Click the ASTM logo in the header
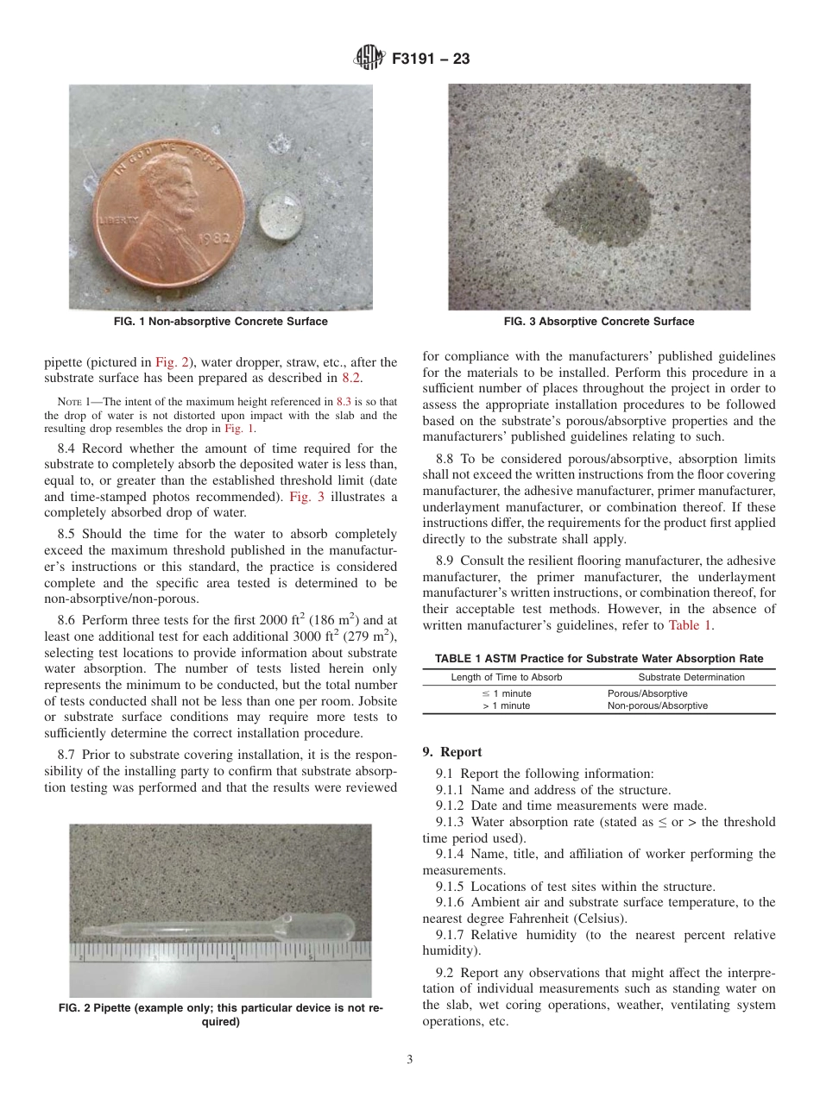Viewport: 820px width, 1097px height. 369,60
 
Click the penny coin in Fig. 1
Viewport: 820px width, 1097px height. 165,203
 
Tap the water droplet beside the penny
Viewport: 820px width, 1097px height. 281,212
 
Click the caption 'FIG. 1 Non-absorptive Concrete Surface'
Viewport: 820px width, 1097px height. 221,322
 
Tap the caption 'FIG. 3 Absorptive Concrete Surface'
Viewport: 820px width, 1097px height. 599,322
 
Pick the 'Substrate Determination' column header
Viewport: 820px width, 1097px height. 691,677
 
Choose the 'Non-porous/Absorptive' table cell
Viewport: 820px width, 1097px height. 657,705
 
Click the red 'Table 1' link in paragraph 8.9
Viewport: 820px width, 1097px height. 691,625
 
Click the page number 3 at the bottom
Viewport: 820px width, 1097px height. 410,1060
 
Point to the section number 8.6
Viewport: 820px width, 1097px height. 67,620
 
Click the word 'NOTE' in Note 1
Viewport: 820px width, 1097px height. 68,402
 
